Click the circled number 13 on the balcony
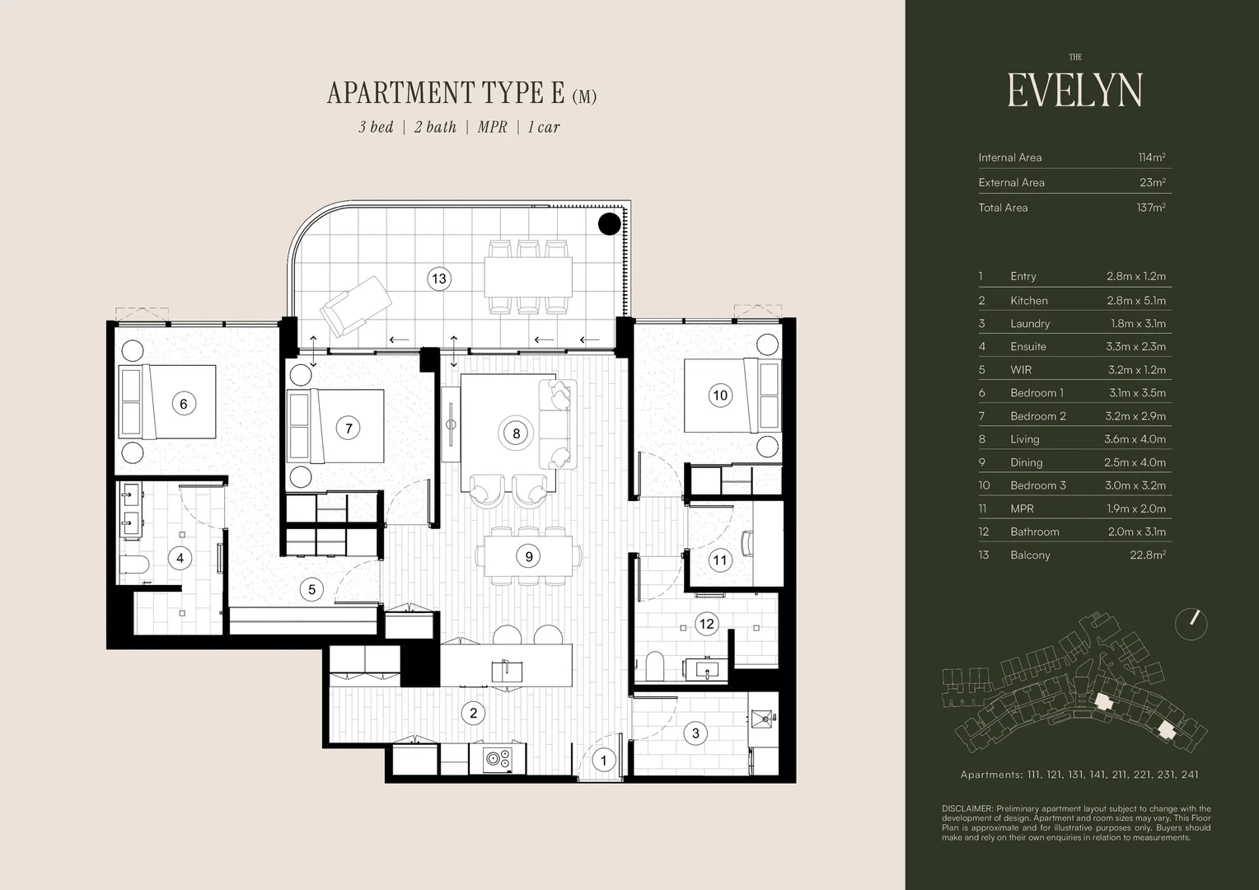(439, 279)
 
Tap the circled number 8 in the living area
(517, 433)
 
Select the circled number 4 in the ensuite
(180, 558)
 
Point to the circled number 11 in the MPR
(720, 560)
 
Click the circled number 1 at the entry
(604, 760)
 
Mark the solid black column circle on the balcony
(609, 223)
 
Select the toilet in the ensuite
(133, 565)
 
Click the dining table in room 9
(528, 556)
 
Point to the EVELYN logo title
(1074, 90)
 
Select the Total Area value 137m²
(1150, 208)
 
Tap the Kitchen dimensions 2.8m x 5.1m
(1135, 301)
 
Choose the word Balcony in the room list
(1030, 555)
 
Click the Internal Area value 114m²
(1151, 157)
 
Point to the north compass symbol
(1191, 624)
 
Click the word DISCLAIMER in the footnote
(967, 809)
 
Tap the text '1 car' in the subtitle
(544, 127)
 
